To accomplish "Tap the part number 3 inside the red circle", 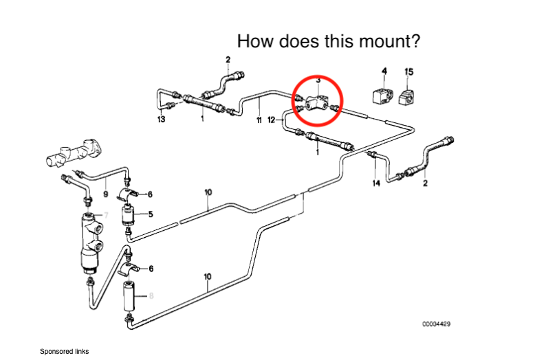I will [318, 80].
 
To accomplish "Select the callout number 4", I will [384, 71].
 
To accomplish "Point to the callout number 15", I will [409, 71].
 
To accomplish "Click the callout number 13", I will [161, 120].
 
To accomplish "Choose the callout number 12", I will [272, 120].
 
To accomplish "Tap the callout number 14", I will [376, 183].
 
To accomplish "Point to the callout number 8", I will [151, 296].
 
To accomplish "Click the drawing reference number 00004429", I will [437, 323].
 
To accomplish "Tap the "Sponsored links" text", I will [64, 351].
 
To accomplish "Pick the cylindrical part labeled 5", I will [129, 215].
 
